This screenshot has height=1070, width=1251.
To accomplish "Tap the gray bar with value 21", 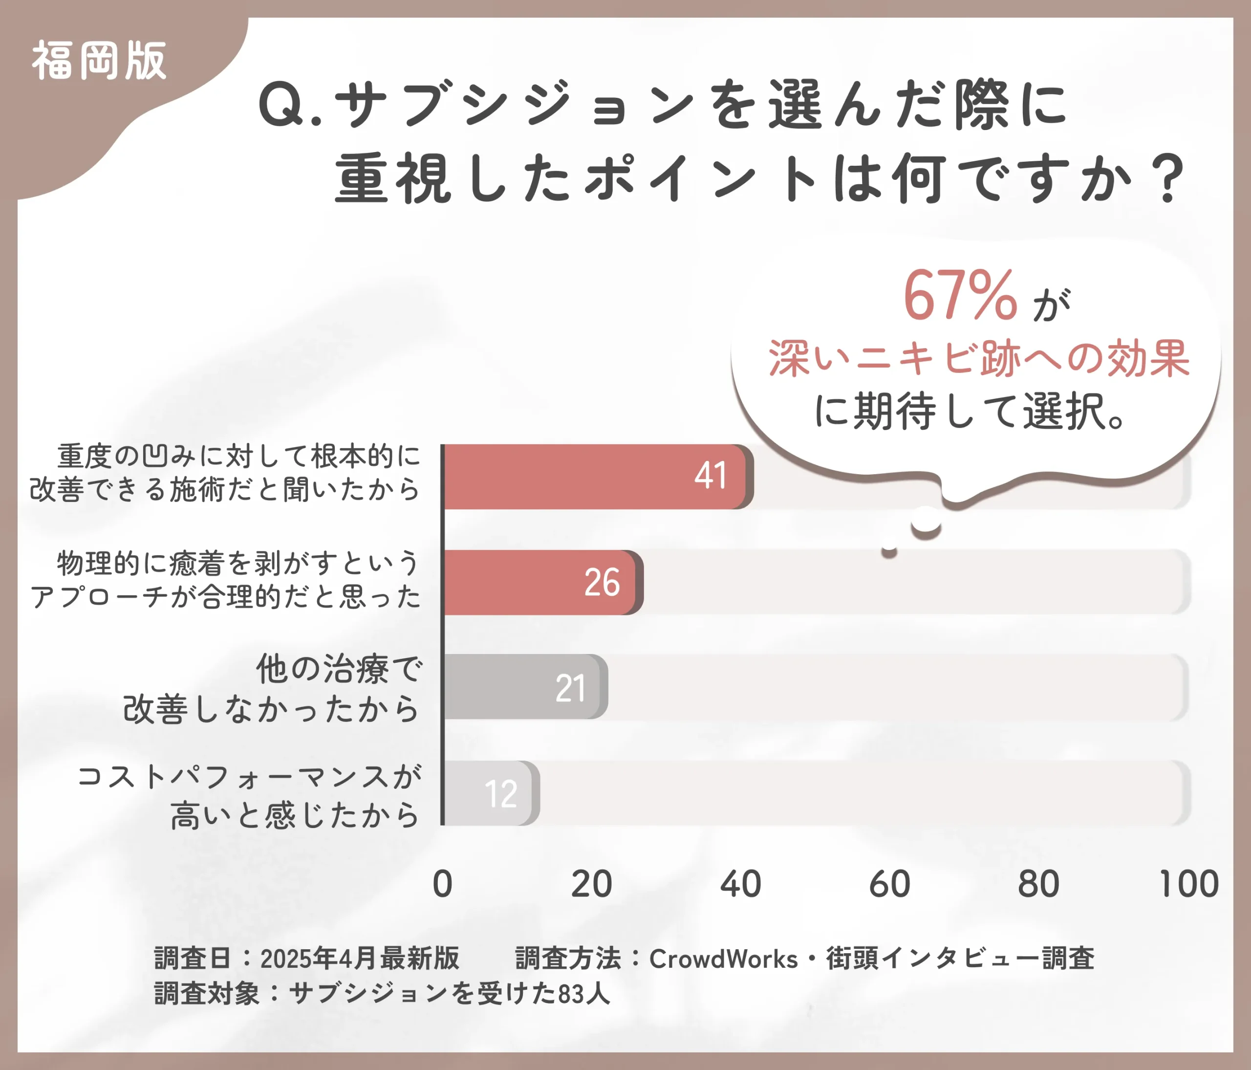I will [524, 687].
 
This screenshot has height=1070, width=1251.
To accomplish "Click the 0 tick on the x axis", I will [443, 884].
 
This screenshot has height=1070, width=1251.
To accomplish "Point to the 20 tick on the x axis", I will [592, 884].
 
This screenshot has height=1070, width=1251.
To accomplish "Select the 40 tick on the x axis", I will [741, 884].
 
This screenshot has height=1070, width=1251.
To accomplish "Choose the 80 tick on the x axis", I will [1038, 884].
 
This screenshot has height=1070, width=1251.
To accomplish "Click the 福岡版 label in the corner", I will [99, 61].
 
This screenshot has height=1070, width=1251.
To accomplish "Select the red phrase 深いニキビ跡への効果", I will [979, 359].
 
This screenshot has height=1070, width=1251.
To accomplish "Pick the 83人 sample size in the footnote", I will [584, 994].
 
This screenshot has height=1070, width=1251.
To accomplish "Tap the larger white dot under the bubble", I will [926, 521].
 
